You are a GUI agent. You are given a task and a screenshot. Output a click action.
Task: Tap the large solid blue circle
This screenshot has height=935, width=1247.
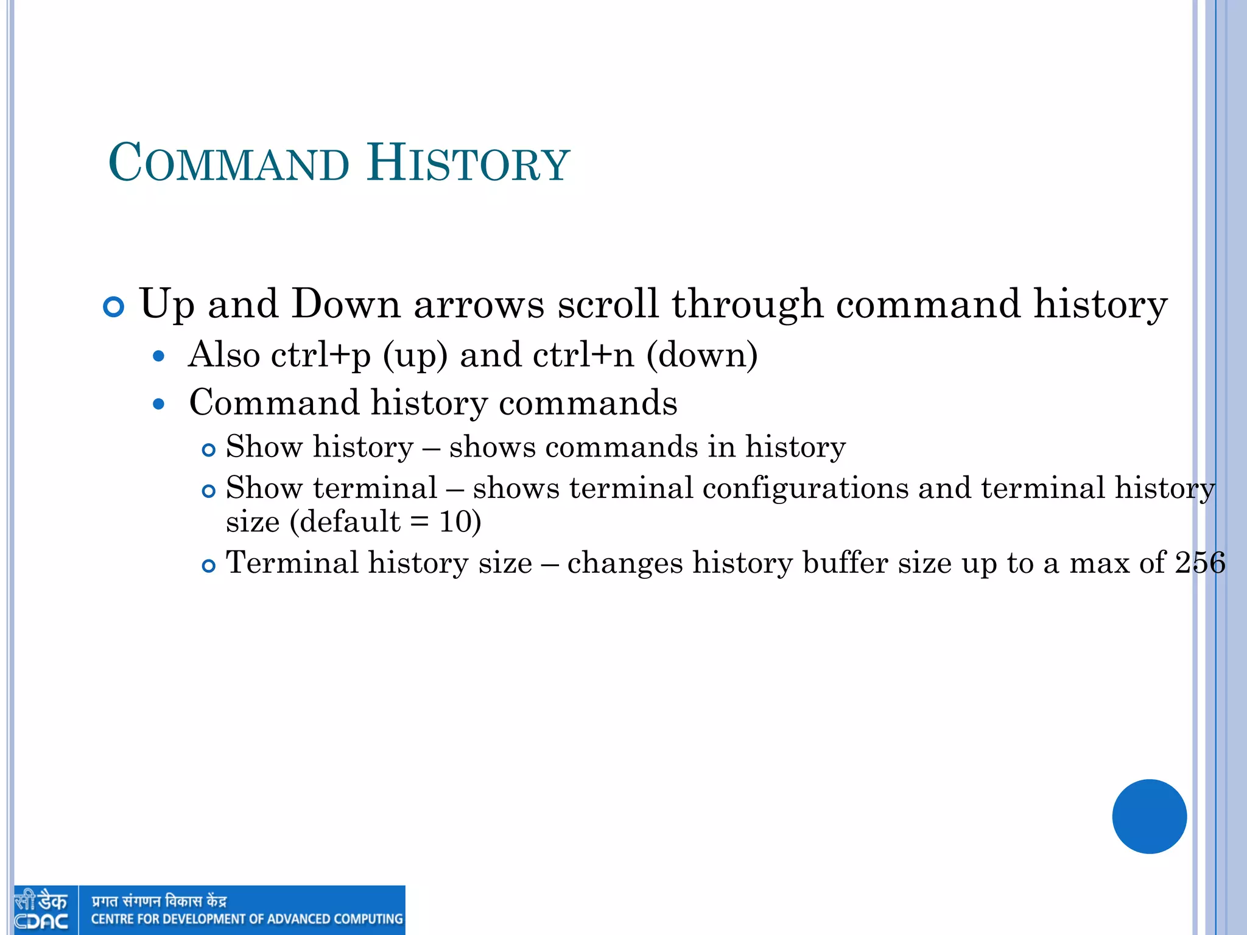tap(1149, 816)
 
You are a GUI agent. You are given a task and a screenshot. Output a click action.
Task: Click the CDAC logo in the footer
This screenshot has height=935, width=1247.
tap(41, 910)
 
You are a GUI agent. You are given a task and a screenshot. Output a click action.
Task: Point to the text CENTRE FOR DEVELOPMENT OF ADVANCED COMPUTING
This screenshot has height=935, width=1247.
tap(247, 919)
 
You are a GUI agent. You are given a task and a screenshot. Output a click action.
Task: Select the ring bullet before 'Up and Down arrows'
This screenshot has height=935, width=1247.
tap(114, 306)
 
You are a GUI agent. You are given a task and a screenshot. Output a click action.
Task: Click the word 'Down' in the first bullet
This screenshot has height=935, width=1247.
tap(345, 304)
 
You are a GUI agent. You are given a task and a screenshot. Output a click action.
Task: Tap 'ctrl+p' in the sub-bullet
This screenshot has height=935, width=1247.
tap(320, 355)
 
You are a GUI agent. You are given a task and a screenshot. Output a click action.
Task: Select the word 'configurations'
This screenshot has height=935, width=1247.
tap(805, 488)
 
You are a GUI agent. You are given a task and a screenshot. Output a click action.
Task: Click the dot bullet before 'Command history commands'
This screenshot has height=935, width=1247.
tap(159, 404)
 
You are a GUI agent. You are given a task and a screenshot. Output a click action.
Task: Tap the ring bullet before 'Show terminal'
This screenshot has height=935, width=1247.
tap(209, 491)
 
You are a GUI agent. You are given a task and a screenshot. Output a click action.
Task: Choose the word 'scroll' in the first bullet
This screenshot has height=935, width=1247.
tap(608, 304)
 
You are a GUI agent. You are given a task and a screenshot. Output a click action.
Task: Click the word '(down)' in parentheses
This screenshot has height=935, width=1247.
tap(702, 355)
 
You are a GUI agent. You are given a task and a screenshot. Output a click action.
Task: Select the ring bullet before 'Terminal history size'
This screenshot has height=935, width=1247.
tap(209, 566)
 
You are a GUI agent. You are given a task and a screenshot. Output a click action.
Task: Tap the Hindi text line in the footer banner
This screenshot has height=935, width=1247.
tap(159, 900)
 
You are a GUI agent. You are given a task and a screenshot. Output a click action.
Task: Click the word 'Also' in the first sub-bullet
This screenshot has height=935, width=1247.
tap(223, 355)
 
